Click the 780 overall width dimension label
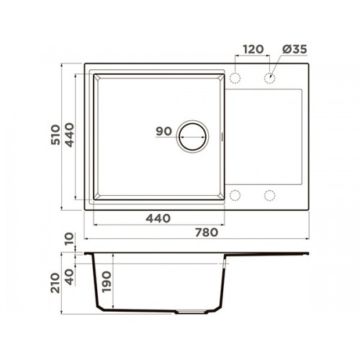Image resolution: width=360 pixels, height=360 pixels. click(207, 233)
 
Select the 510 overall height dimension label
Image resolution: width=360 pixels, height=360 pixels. click(55, 135)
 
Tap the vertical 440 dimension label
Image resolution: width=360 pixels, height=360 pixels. click(70, 135)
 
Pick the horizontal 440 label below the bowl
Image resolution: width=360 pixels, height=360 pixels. click(158, 218)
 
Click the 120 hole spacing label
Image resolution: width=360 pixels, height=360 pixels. click(253, 49)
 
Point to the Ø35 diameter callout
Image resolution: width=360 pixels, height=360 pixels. click(294, 49)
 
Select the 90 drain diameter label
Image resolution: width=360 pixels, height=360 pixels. click(164, 131)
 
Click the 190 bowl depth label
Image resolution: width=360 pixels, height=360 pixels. click(107, 282)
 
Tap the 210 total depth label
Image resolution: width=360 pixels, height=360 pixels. click(55, 283)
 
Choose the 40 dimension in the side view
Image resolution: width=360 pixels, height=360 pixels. click(70, 276)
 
